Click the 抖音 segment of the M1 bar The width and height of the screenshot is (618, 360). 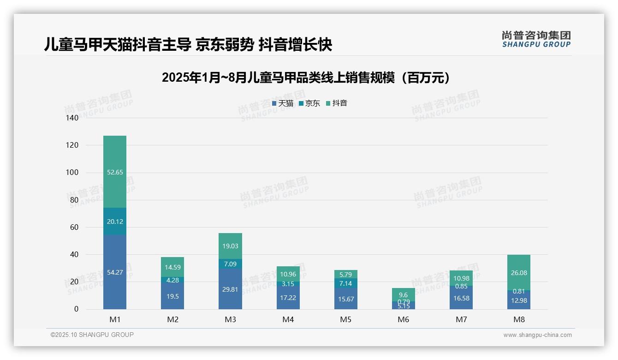(115, 172)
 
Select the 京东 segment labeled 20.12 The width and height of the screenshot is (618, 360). (115, 221)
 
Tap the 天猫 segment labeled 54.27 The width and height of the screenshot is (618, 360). (115, 272)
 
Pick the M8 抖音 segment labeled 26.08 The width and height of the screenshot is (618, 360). (519, 272)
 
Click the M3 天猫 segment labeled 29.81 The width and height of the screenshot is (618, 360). (230, 289)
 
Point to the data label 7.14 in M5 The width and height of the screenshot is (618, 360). (345, 283)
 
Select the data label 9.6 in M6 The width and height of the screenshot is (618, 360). (403, 294)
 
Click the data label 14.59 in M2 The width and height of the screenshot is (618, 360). (172, 267)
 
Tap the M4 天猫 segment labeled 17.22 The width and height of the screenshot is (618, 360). (288, 298)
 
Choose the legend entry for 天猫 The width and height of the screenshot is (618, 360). (283, 103)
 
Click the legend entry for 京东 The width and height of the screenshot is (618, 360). (309, 103)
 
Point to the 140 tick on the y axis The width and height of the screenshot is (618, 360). (72, 118)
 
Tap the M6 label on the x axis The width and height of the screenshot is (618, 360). (403, 319)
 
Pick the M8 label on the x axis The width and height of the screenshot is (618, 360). (519, 319)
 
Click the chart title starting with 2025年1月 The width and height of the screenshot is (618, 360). (306, 78)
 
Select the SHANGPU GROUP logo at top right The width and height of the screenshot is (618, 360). (536, 39)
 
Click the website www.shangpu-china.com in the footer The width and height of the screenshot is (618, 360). (537, 335)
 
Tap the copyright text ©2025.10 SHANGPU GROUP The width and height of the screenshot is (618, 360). (92, 335)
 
